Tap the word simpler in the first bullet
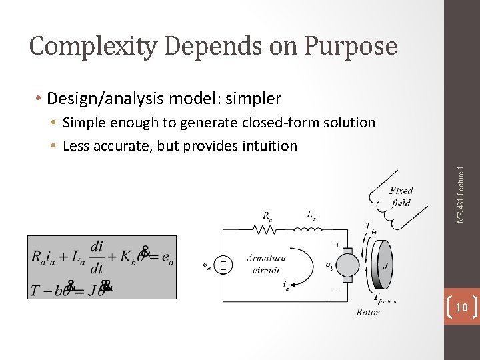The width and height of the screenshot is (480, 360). [253, 99]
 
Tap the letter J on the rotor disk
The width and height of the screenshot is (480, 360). [385, 265]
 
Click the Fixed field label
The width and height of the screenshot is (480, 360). [401, 197]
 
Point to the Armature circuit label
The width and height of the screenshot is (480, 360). [266, 264]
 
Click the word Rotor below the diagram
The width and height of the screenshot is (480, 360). [367, 312]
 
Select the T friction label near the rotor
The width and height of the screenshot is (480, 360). [384, 299]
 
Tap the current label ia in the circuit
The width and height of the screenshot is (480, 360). [286, 286]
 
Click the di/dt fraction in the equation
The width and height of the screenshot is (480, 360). [97, 257]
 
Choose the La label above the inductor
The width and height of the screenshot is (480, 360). [311, 215]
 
